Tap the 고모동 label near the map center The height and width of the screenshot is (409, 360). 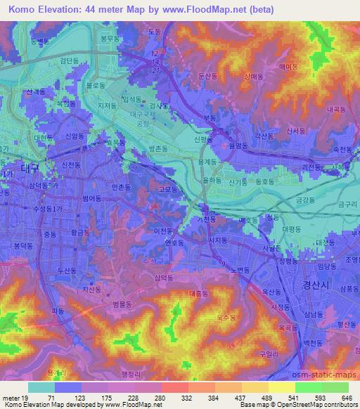click(167, 189)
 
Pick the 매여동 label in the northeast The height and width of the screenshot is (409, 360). click(289, 67)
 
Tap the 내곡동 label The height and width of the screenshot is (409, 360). click(337, 110)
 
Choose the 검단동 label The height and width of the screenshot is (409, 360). click(69, 61)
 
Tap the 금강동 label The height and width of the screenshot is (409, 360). click(304, 200)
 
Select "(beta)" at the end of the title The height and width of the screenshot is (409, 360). click(257, 9)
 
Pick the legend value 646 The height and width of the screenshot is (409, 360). click(345, 397)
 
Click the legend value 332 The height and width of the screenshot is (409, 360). click(169, 397)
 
